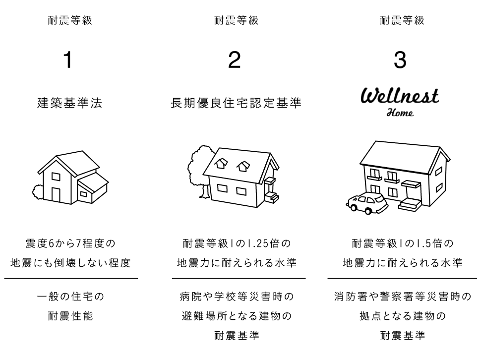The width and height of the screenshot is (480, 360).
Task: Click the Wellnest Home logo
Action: pos(400,103)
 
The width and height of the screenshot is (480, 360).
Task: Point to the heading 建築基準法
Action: pos(70,103)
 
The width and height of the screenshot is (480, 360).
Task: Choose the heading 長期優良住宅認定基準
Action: pos(236,103)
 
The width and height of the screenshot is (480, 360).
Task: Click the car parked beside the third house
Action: pos(367,203)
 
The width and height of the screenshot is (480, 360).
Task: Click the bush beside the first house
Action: pos(38,193)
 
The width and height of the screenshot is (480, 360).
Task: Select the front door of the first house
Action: pos(56,195)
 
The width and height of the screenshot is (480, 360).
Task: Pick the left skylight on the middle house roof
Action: pos(221,164)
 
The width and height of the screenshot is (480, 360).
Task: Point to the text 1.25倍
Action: pos(263,243)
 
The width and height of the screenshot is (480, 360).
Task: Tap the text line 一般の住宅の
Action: pos(71,297)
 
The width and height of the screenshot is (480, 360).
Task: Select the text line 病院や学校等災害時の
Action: pos(237,297)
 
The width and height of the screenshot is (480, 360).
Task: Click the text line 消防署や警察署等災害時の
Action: pos(402,297)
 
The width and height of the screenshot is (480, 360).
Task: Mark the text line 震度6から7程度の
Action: pos(70,243)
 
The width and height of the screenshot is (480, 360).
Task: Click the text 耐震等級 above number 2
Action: pos(237,20)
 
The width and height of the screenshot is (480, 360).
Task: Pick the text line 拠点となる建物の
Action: pos(402,316)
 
